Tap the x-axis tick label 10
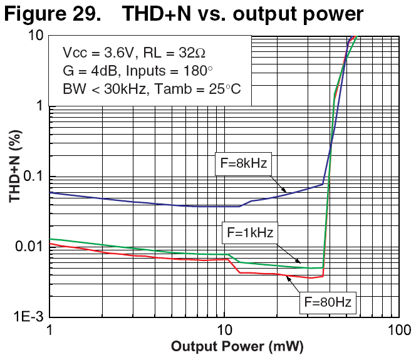coord(223,329)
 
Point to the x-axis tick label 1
coord(50,329)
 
